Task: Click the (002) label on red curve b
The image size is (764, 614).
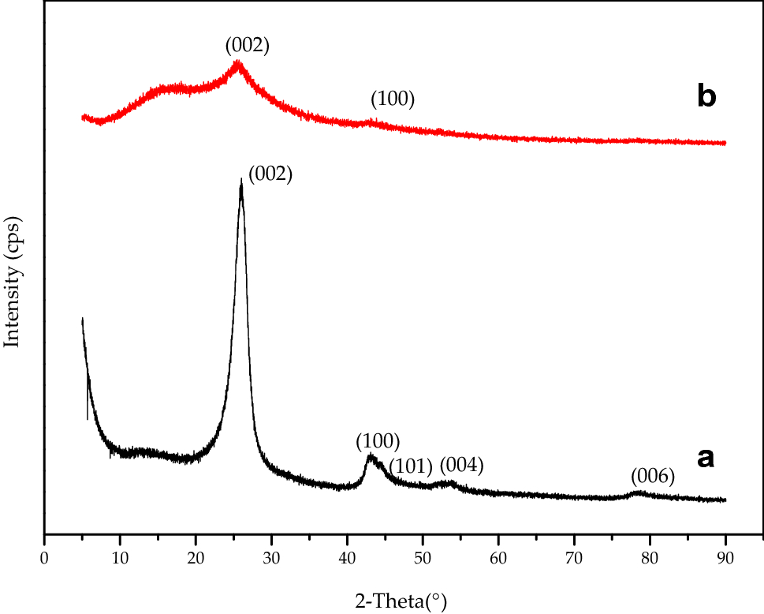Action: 248,47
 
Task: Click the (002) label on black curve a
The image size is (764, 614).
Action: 270,174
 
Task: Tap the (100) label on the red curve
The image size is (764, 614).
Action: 393,99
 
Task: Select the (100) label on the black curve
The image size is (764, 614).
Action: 378,440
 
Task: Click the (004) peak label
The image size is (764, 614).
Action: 461,465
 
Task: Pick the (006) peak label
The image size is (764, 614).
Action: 653,476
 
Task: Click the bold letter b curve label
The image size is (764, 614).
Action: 706,96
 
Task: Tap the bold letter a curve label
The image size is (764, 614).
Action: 706,457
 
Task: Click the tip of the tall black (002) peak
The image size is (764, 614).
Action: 240,181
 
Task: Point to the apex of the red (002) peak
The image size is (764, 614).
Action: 237,63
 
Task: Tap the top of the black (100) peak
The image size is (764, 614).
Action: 371,455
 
